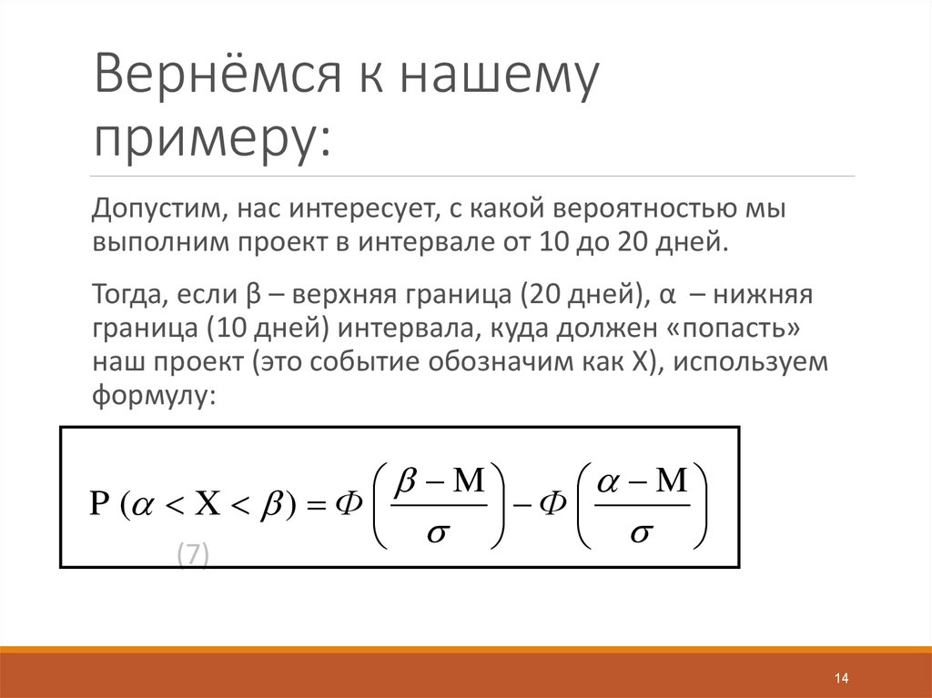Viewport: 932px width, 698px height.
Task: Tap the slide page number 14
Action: click(x=840, y=679)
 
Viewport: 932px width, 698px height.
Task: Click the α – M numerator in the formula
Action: click(x=641, y=480)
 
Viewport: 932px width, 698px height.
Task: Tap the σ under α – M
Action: click(x=640, y=533)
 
